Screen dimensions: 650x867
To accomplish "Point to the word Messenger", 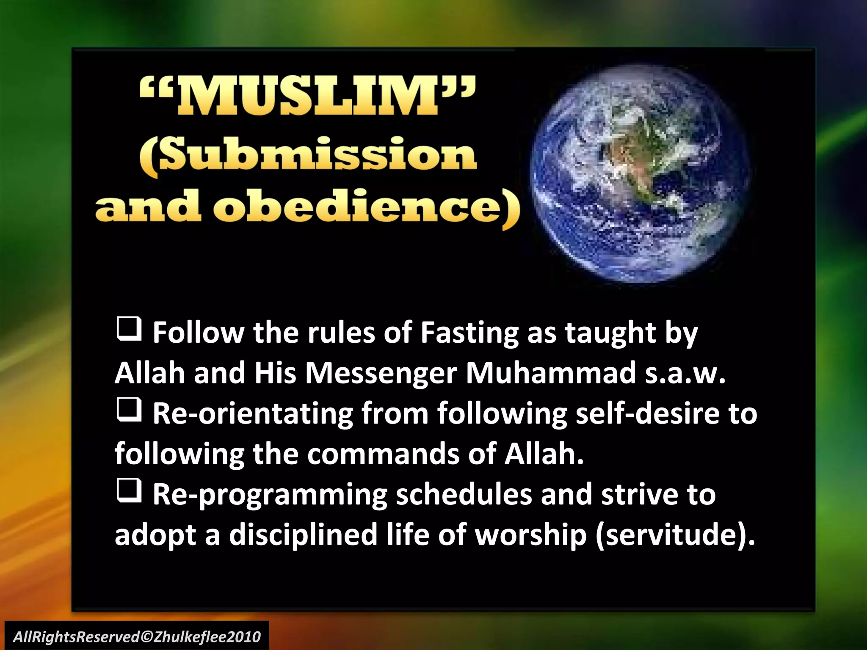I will (381, 373).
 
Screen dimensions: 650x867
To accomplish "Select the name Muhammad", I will (550, 373).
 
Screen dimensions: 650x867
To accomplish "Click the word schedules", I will (464, 495).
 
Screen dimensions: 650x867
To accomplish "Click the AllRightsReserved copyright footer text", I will (137, 636).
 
